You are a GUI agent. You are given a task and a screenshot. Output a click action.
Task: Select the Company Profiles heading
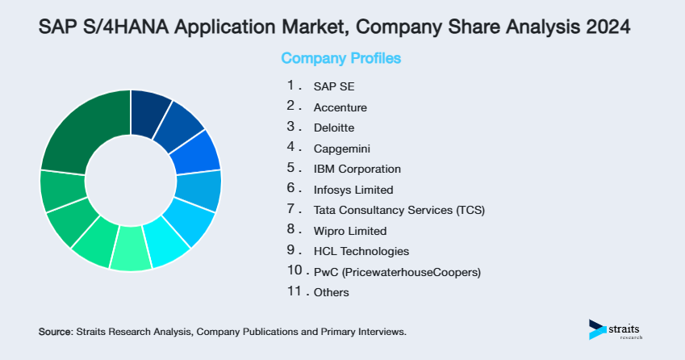[340, 59]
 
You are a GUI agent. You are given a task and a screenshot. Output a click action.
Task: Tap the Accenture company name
[340, 107]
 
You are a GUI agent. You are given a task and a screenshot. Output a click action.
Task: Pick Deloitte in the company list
[333, 128]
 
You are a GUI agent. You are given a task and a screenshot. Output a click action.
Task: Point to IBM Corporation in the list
[357, 169]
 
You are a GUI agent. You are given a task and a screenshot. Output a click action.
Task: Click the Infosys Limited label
[353, 190]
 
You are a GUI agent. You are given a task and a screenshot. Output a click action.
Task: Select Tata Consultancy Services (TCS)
[399, 210]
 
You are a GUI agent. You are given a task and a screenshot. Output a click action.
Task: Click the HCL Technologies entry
[361, 251]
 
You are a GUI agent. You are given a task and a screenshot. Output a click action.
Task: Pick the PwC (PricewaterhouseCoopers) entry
[396, 272]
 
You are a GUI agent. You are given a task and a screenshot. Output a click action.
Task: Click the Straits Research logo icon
[597, 329]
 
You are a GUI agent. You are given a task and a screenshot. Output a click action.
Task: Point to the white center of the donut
[131, 180]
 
